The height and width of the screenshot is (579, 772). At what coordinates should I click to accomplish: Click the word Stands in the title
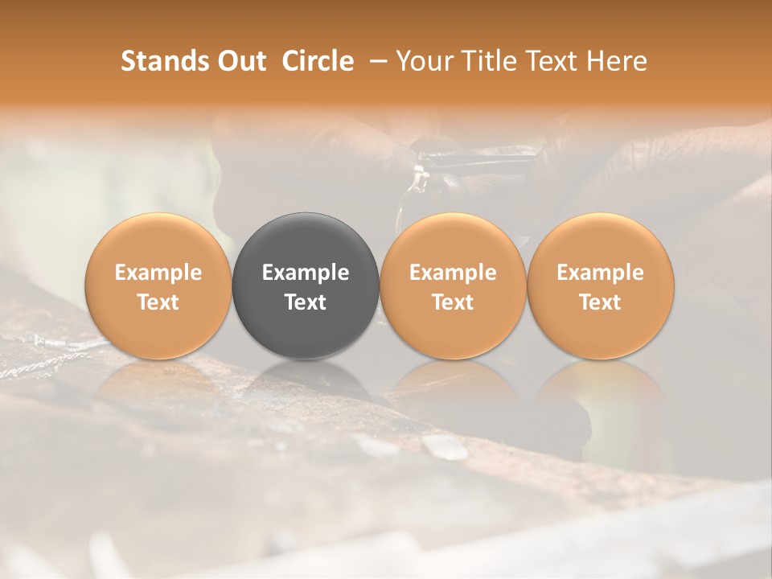coord(163,61)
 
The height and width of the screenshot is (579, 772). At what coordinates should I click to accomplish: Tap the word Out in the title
coord(240,61)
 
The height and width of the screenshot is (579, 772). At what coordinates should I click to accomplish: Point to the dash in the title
coord(375,62)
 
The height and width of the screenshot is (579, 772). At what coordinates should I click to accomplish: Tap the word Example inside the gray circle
coord(306,273)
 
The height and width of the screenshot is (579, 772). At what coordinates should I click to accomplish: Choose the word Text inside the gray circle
coord(306,302)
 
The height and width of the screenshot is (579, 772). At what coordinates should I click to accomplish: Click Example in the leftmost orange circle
coord(158,273)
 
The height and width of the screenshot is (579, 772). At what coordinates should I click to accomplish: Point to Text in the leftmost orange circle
coord(158,302)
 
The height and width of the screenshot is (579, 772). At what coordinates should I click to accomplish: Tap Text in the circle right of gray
coord(453,302)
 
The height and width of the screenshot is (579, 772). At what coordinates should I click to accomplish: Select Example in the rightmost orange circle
coord(601,273)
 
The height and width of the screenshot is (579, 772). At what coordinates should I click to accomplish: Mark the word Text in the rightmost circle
coord(601,302)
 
